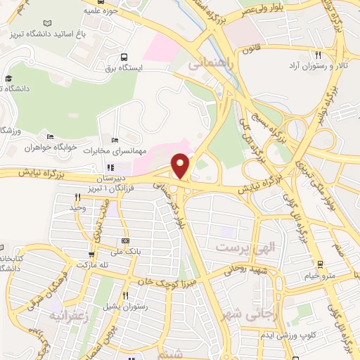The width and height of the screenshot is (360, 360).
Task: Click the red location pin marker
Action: point(181,165)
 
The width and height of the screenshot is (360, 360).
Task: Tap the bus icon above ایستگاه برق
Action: point(124,57)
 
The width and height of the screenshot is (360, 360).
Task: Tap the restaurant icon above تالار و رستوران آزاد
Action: point(318,55)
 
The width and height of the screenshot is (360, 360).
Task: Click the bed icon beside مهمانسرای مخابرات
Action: point(115,141)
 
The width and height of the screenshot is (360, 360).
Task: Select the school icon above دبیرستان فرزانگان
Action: point(110,168)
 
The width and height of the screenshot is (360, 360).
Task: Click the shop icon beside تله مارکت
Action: point(91,255)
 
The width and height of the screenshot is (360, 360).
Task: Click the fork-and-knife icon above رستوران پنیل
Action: point(125,296)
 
